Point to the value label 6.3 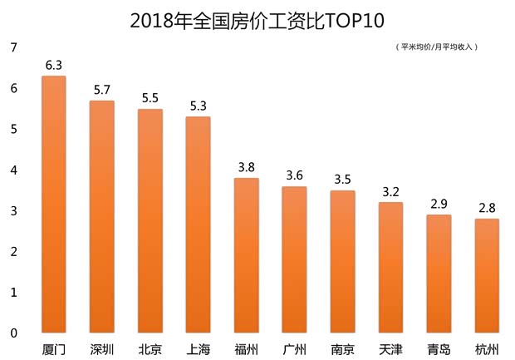pos(54,64)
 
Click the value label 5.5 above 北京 pos(150,96)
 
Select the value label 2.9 pos(439,202)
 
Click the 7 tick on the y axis pos(12,48)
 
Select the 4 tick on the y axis pos(12,170)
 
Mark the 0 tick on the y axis pos(12,333)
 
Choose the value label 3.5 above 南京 pos(342,178)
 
